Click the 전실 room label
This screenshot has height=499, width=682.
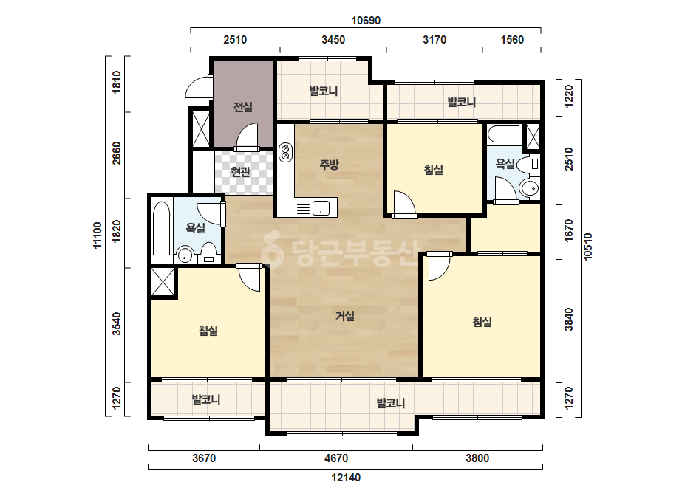[242, 106]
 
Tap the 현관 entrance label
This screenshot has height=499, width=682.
[241, 172]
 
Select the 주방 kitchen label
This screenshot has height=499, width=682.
[329, 165]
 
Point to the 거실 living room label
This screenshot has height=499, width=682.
[345, 316]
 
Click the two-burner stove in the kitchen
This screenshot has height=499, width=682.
[285, 152]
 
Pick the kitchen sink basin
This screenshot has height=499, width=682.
[321, 208]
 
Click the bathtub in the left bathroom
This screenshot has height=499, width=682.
[161, 229]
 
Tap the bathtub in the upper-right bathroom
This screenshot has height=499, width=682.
[504, 134]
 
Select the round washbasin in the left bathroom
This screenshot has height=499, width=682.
[185, 255]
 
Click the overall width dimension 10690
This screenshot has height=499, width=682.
[366, 21]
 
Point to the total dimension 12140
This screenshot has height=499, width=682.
[346, 478]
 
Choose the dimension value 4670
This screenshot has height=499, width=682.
[336, 458]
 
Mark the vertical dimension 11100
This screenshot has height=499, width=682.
[97, 235]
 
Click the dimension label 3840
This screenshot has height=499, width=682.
[568, 320]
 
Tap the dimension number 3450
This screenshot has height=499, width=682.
[333, 40]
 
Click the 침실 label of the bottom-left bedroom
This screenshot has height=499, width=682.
[208, 331]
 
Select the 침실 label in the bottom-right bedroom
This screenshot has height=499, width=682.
[482, 322]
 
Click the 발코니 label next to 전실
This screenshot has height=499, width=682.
[323, 91]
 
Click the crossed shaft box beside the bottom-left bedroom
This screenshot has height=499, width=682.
[163, 282]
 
